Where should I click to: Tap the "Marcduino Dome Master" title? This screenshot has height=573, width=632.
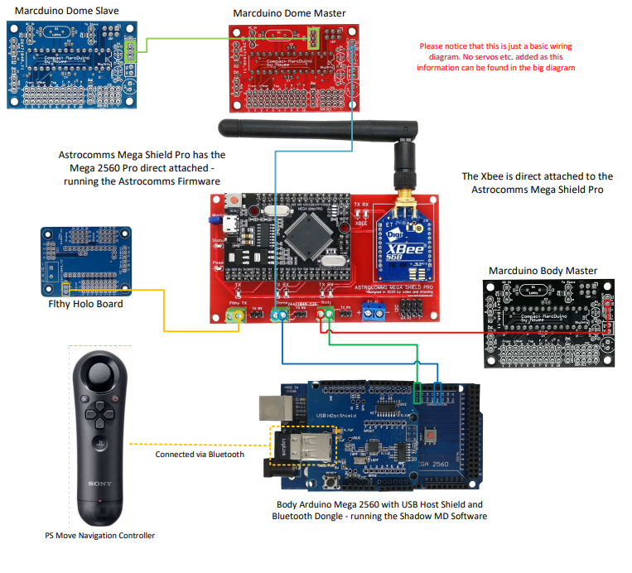(289, 13)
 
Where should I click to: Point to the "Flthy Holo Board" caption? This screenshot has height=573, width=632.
(87, 304)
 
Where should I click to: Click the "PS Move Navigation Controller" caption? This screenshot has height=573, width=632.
(99, 535)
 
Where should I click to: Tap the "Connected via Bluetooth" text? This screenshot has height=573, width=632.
(200, 455)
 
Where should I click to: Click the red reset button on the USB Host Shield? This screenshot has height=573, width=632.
(432, 435)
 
